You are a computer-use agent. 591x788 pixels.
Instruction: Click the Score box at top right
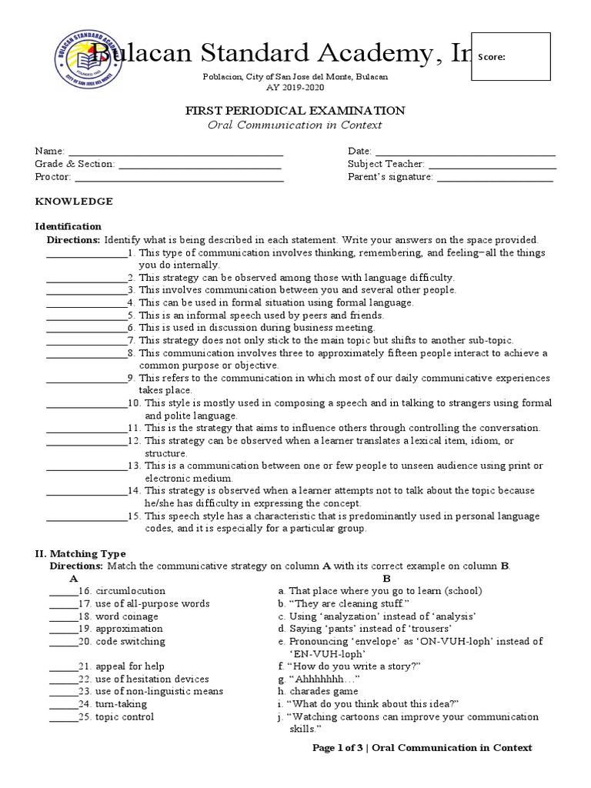tap(511, 57)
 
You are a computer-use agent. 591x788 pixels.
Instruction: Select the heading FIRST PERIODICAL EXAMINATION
tap(295, 111)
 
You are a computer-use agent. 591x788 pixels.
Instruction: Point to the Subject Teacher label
tap(386, 164)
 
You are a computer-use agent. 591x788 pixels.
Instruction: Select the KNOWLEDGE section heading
tap(74, 202)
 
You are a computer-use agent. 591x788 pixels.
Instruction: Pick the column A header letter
tap(73, 578)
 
